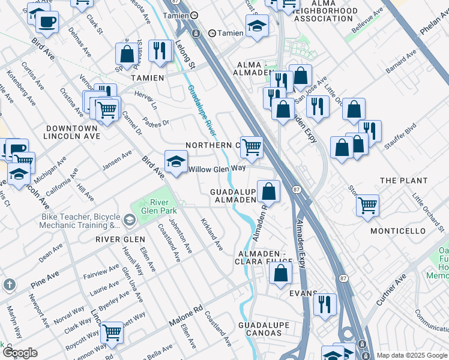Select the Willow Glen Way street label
pos(217,169)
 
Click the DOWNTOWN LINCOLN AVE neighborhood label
pos(71,133)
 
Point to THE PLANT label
pos(404,181)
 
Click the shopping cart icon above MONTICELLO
pos(367,205)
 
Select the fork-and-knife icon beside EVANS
pos(325,304)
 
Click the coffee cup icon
pos(47,22)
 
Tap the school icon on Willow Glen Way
pos(176,161)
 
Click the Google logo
pos(20,353)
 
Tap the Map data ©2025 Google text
pos(411,355)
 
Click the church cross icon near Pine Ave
pos(9,284)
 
